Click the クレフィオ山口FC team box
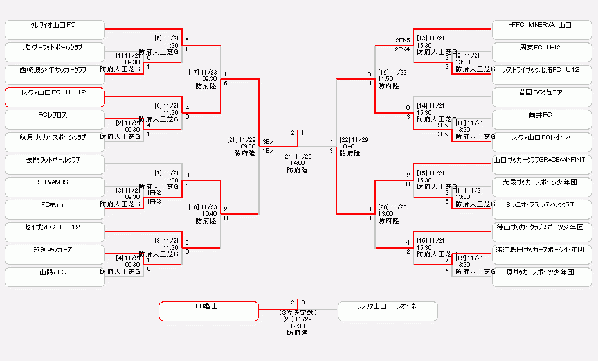pos(55,30)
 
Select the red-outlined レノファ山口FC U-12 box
pos(55,97)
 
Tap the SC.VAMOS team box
pos(55,187)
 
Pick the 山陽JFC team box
pos(55,277)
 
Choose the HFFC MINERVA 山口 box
pos(541,30)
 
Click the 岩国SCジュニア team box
pos(541,97)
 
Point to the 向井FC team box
pos(541,119)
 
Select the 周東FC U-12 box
pos(541,52)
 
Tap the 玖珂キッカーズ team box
pos(55,254)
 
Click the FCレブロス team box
pos(55,119)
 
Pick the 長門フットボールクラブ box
pos(55,164)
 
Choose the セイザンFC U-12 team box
pos(55,232)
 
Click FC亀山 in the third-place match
pos(208,311)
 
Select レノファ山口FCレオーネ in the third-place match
pos(387,311)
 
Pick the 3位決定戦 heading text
pos(297,312)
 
